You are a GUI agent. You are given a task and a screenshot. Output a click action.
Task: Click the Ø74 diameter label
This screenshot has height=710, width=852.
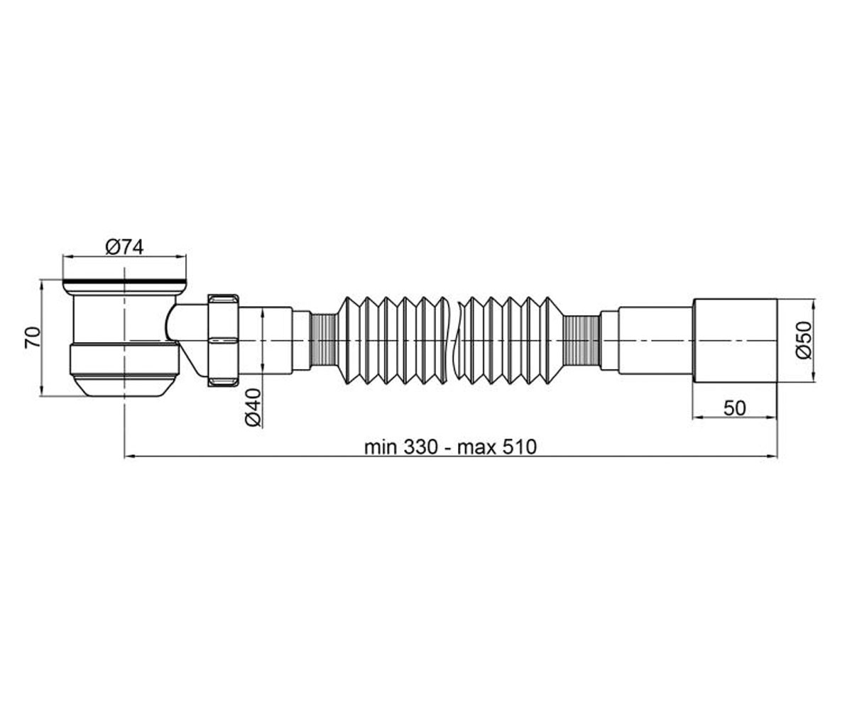[x=124, y=247]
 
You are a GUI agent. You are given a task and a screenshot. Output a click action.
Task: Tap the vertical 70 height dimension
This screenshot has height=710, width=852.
[x=33, y=337]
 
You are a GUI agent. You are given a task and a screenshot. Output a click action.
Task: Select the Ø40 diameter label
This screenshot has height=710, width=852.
[x=253, y=408]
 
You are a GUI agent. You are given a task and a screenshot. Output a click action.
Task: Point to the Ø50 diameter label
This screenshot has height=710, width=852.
[x=804, y=340]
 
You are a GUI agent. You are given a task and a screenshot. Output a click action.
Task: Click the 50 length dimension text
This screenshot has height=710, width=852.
[x=734, y=408]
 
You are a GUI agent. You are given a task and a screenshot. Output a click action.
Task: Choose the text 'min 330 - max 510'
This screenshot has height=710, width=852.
[x=450, y=447]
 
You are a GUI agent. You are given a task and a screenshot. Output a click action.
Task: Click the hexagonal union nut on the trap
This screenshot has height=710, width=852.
[x=223, y=340]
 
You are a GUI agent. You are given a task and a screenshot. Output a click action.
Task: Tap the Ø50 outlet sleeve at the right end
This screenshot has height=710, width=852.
[x=734, y=340]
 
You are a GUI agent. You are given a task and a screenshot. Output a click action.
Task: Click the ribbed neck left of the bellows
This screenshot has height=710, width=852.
[x=323, y=340]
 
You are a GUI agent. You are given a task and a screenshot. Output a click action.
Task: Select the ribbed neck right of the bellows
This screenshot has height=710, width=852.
[x=581, y=340]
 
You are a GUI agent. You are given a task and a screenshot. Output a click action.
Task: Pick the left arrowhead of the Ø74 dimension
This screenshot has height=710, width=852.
[x=67, y=256]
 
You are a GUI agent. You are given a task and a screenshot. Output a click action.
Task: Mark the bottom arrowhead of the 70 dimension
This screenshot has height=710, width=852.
[x=42, y=391]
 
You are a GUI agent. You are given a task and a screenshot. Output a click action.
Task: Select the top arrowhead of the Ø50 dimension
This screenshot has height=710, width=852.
[x=815, y=305]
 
